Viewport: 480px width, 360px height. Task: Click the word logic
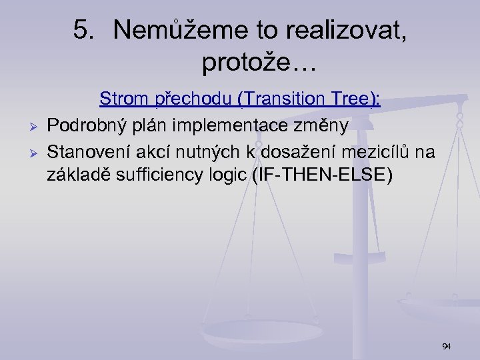point(230,177)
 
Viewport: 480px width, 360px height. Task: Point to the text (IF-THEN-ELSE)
point(323,177)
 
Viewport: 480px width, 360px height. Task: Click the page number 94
point(446,346)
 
